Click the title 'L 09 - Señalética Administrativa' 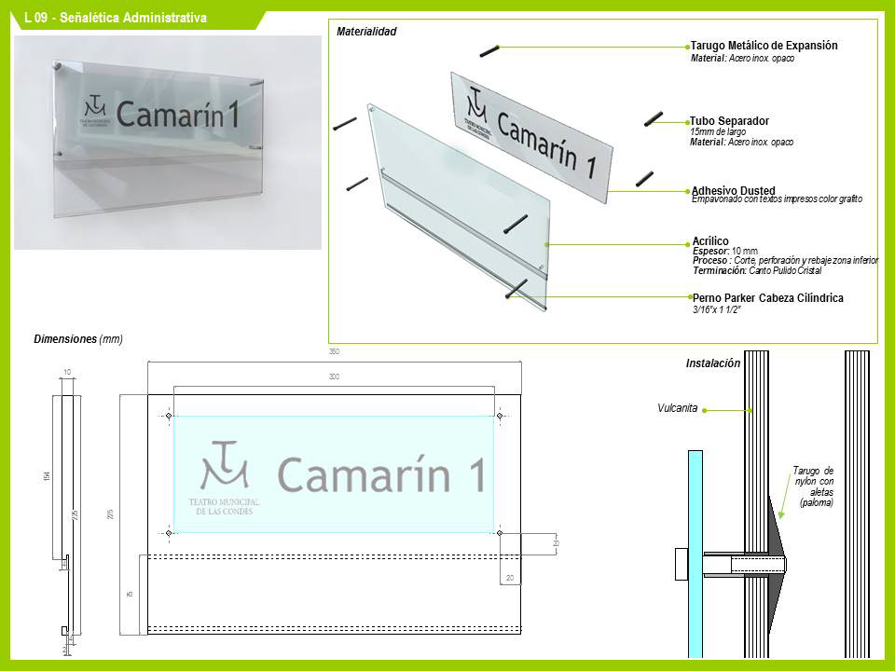(x=116, y=18)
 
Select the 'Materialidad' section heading (x=366, y=32)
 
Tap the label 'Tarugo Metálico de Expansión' (x=764, y=46)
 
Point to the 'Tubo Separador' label (x=730, y=121)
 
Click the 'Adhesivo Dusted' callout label (x=734, y=191)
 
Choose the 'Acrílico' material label (x=710, y=241)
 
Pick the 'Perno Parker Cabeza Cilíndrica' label (x=768, y=298)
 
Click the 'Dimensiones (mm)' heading (x=78, y=339)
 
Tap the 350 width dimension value (x=334, y=352)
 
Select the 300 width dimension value (x=334, y=377)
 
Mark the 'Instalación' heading (x=713, y=363)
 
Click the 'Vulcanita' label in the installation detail (x=678, y=408)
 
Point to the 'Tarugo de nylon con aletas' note (x=813, y=486)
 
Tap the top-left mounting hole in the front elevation (x=169, y=416)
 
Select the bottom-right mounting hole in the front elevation (x=500, y=533)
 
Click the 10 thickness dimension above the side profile (x=66, y=373)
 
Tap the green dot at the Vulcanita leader (x=706, y=408)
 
